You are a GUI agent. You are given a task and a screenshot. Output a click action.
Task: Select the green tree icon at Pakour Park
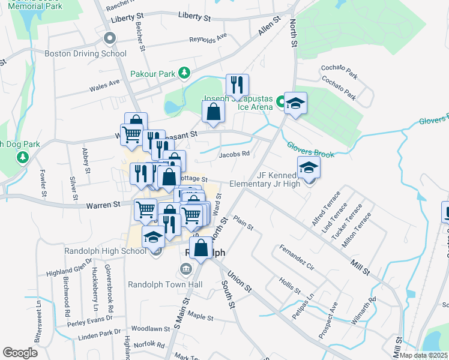point(185,74)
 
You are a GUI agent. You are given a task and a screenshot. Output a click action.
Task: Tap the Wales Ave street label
point(104,86)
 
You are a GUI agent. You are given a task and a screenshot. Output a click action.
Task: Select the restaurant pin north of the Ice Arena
point(237,85)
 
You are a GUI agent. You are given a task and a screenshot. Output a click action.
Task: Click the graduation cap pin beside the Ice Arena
point(295,103)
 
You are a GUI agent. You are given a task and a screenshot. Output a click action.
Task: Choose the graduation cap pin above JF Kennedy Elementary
point(309,167)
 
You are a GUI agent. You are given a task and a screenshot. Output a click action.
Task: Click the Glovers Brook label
point(310,150)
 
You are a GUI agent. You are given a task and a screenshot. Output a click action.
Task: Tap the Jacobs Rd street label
point(234,154)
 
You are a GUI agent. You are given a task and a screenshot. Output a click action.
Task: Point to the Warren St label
point(103,205)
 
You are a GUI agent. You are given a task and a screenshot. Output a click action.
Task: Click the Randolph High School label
point(105,251)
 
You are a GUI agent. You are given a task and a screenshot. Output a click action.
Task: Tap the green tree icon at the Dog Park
point(23,157)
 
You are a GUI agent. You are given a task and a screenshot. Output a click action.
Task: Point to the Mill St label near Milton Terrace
point(360,263)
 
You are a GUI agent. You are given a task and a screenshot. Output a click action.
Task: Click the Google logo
point(20,353)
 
